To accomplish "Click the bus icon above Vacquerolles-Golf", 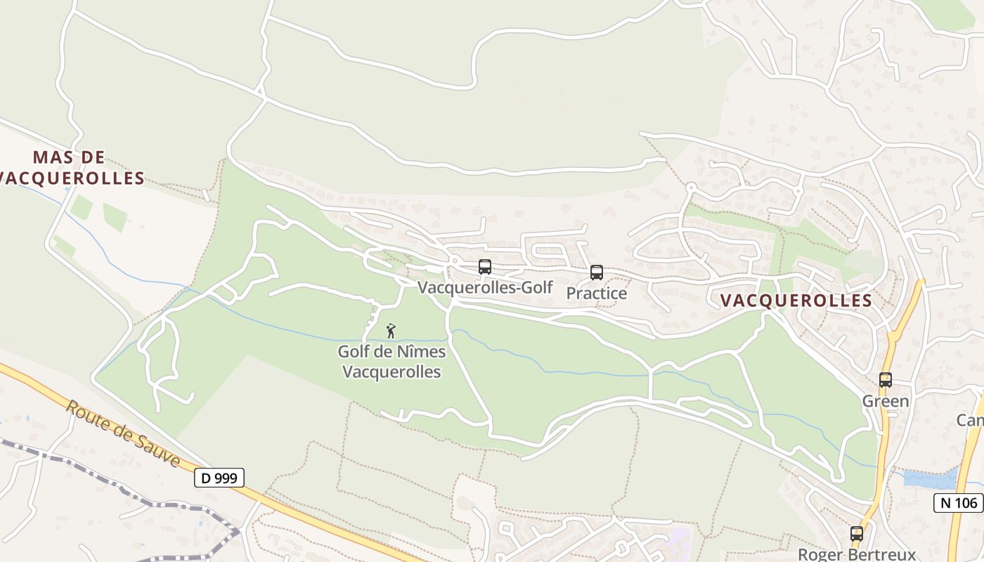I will tap(485, 267).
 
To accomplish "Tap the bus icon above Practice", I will tap(597, 273).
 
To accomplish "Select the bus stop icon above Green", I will tap(886, 380).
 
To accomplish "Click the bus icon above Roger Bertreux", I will tap(857, 534).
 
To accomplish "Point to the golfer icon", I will tap(391, 330).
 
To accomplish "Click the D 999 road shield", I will tap(219, 478).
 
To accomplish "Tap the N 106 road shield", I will tap(958, 502).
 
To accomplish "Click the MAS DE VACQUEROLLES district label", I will tap(70, 168).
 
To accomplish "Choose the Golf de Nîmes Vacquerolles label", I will tap(391, 361).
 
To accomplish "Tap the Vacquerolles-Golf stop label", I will tap(485, 287).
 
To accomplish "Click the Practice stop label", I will tap(597, 293).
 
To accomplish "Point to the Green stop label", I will tap(886, 401).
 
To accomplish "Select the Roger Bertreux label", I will tap(857, 554).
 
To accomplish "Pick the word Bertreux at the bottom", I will tap(883, 554).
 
